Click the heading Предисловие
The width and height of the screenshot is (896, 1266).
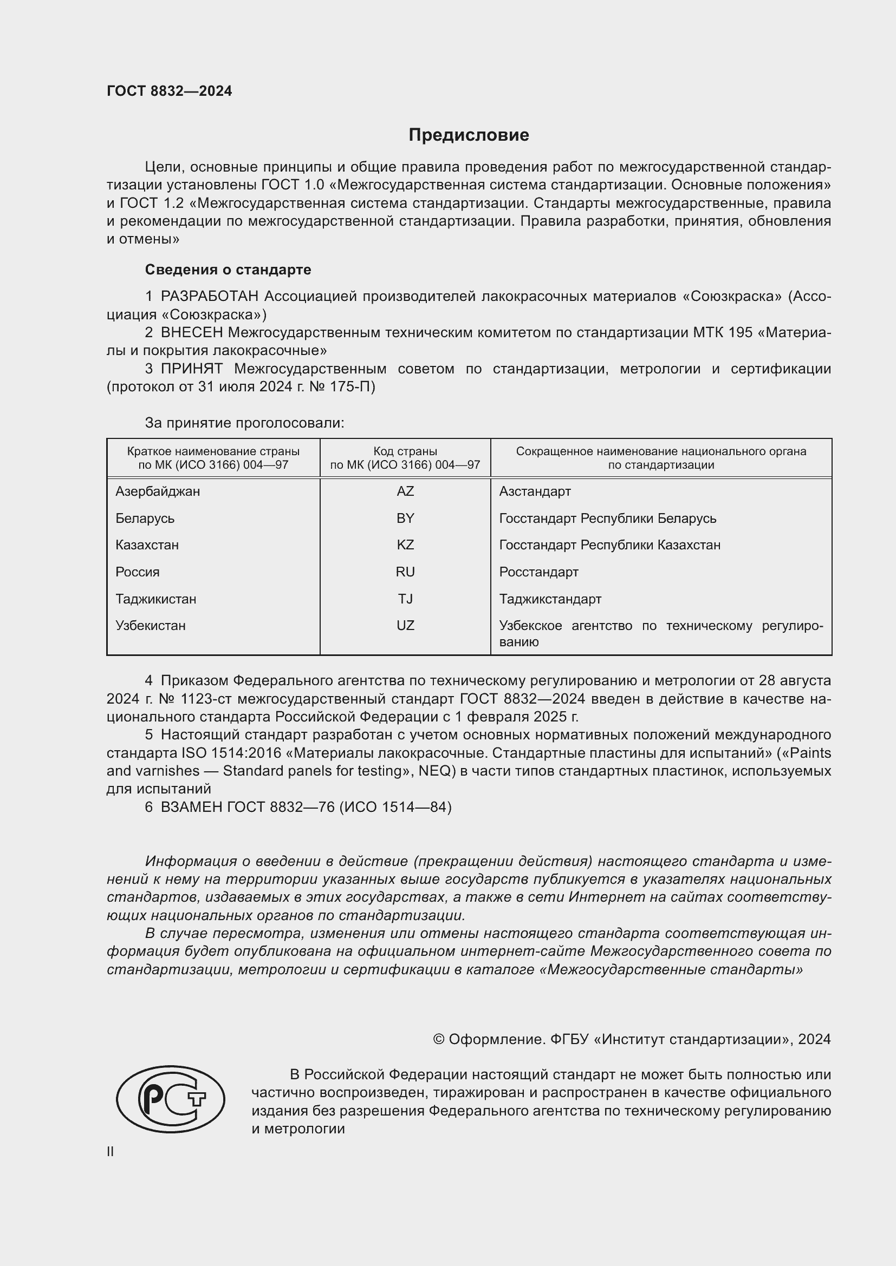click(469, 135)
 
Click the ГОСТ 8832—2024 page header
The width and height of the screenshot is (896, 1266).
click(170, 91)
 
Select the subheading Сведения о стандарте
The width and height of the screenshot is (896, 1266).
click(228, 270)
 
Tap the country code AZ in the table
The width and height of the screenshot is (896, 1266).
click(405, 491)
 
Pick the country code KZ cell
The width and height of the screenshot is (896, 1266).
click(405, 545)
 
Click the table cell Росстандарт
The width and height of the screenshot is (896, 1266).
click(538, 572)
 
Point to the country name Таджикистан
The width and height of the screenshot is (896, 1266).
click(155, 599)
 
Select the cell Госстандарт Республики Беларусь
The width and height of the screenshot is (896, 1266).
click(607, 519)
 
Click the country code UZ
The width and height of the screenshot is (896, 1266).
click(405, 625)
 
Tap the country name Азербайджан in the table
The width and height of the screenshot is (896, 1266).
click(158, 491)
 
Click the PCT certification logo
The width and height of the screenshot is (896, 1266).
click(171, 1099)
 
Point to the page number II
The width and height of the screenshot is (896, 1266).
click(111, 1151)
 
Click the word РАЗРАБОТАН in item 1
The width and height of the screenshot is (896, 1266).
click(210, 297)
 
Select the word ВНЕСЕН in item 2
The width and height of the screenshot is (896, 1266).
click(192, 332)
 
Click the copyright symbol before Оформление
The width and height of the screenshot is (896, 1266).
click(439, 1039)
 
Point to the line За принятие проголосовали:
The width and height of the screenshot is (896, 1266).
click(244, 423)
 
